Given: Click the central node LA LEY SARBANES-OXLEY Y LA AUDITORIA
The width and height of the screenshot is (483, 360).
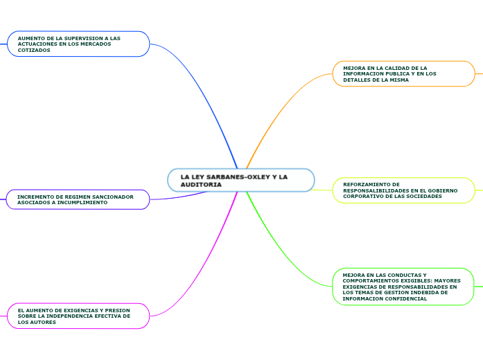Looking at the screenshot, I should point(240,180).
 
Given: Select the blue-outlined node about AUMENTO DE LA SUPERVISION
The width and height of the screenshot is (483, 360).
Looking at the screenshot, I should point(78,44).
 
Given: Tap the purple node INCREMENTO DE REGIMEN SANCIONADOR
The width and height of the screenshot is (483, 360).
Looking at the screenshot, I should point(78,199).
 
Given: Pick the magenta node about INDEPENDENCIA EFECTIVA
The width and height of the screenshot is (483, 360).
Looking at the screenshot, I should point(78,316).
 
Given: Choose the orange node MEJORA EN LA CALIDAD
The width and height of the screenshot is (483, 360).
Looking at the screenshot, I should point(403,73).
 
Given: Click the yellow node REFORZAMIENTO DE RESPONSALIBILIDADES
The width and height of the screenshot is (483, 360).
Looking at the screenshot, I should point(403,190).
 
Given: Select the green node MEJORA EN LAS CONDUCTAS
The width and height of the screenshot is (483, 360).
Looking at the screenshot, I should point(403,287).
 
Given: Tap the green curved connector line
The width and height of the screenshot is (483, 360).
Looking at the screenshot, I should point(277,249).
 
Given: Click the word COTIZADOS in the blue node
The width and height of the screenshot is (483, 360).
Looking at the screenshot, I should point(34,50).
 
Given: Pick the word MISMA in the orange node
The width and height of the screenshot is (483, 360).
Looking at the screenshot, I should point(398,80).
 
